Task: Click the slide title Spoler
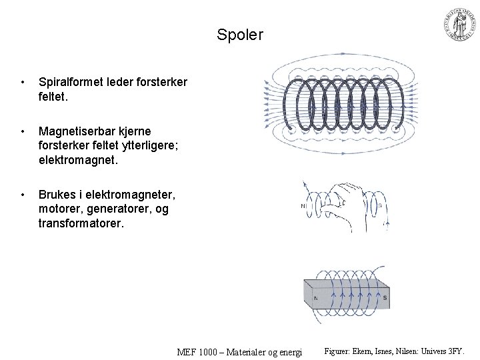pyautogui.click(x=240, y=34)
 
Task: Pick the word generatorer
pyautogui.click(x=118, y=209)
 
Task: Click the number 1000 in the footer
pyautogui.click(x=205, y=351)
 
